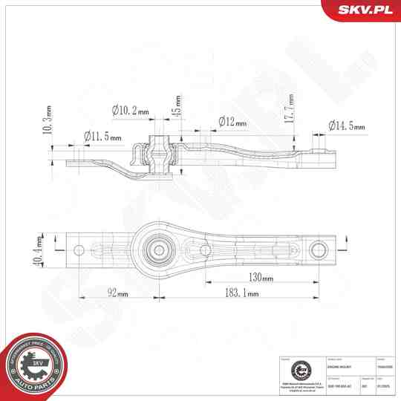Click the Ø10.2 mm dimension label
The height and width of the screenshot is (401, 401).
pyautogui.click(x=131, y=111)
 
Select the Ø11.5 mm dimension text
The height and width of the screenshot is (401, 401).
pyautogui.click(x=102, y=136)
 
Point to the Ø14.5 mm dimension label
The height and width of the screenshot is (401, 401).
pyautogui.click(x=347, y=126)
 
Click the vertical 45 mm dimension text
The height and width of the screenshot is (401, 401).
pyautogui.click(x=177, y=108)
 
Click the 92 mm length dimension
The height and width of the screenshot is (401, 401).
pyautogui.click(x=117, y=293)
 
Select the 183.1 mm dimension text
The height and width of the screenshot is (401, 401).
pyautogui.click(x=241, y=293)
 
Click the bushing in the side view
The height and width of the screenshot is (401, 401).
pyautogui.click(x=157, y=151)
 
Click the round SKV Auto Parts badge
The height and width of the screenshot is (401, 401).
pyautogui.click(x=34, y=366)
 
